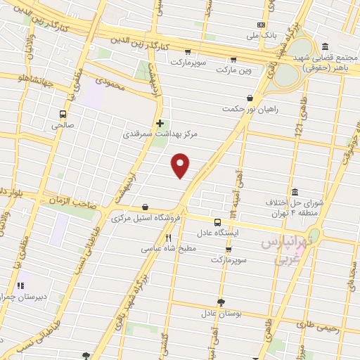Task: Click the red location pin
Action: (181, 165)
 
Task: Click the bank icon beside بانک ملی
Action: (262, 25)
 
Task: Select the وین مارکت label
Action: (233, 70)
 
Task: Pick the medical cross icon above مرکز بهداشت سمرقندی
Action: (160, 122)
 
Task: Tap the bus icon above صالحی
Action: (63, 114)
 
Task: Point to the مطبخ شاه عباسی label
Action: (168, 248)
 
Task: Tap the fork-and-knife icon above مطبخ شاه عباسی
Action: (168, 238)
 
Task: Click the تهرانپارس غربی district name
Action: (289, 250)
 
